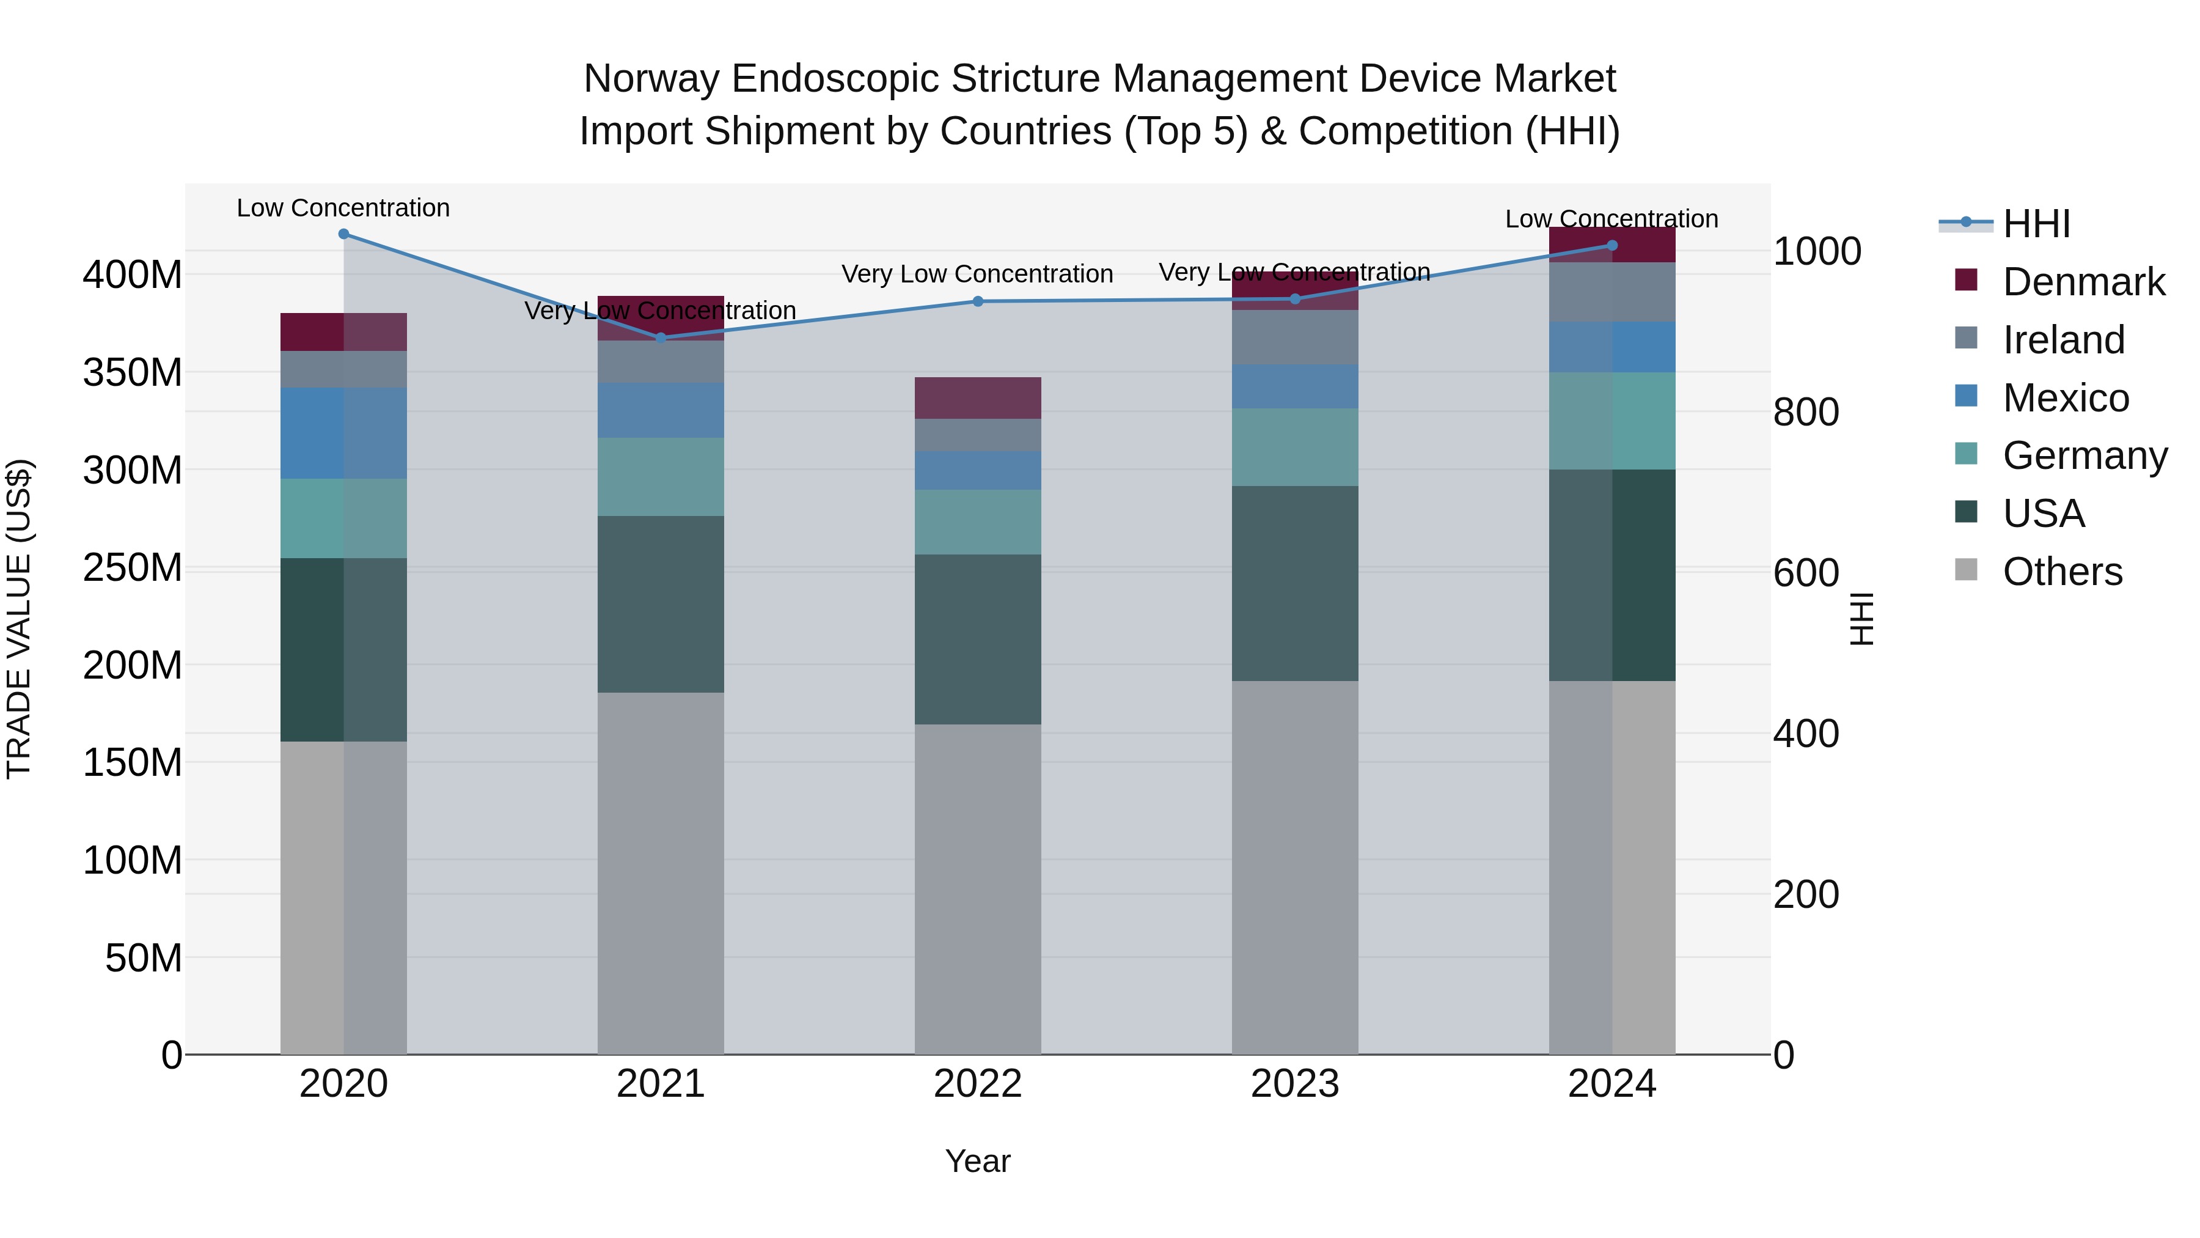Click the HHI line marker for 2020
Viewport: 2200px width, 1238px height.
point(343,234)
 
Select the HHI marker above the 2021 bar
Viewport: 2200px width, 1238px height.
point(660,337)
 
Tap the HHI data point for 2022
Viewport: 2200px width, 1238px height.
point(978,301)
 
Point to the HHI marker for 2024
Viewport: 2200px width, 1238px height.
point(1612,245)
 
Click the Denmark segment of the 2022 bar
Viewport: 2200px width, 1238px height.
point(978,397)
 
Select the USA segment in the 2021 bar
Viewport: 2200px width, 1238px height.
point(660,603)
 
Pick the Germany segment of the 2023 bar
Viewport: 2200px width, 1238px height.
point(1295,446)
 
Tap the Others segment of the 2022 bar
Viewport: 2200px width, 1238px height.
point(978,888)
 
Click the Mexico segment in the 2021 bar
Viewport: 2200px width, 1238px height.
point(660,410)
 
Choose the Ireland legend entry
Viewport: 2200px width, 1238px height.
point(2063,340)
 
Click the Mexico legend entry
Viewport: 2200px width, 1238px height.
point(2065,398)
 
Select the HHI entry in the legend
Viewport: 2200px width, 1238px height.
point(2036,224)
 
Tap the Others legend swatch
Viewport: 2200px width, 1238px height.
point(1966,570)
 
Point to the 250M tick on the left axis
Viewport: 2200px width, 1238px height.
point(133,567)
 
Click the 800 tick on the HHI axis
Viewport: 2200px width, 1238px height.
point(1805,412)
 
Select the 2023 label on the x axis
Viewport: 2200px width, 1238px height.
point(1295,1084)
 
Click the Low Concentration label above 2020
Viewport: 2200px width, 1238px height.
point(343,208)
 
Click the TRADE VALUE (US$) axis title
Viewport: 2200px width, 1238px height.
point(19,619)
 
